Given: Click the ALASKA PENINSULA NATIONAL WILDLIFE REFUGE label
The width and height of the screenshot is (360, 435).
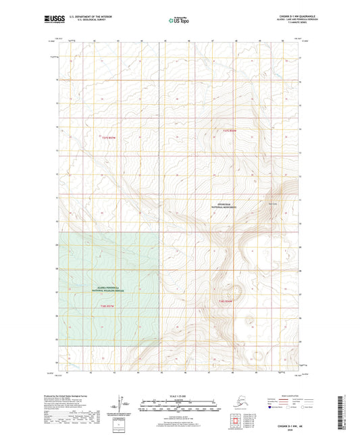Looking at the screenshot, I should tap(109, 289).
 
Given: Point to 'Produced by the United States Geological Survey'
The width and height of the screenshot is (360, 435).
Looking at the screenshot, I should tap(68, 396).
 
